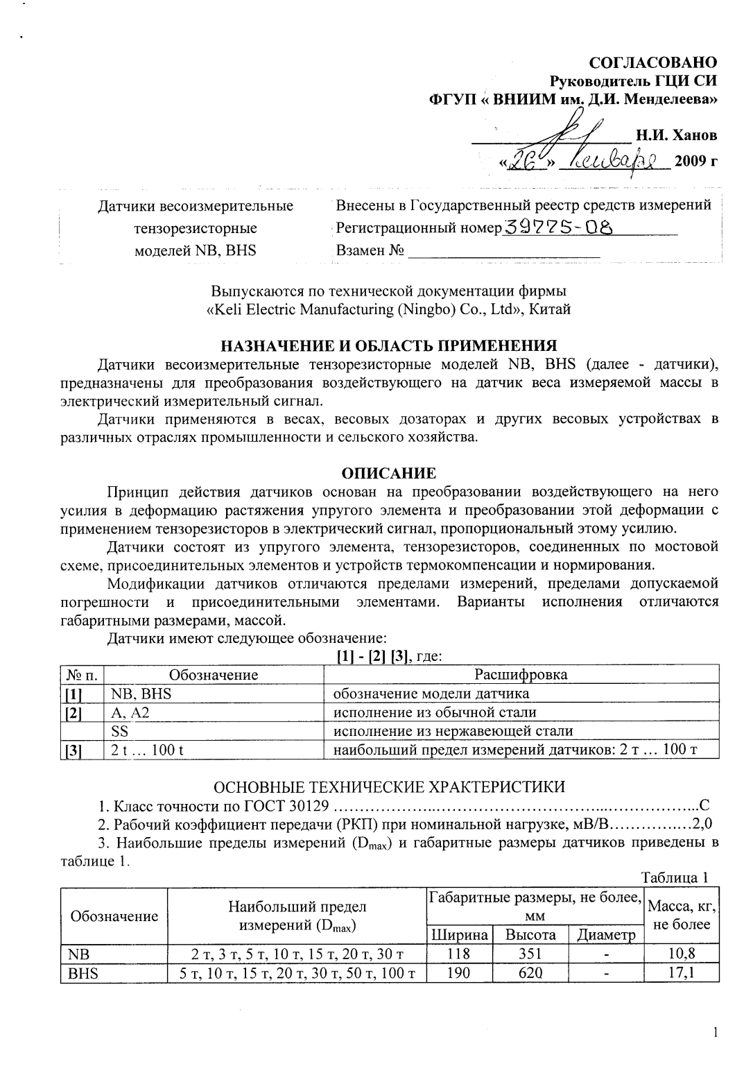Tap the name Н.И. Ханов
coord(677,135)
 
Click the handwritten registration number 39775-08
coord(559,227)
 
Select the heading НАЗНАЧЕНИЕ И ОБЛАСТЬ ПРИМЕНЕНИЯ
coord(389,345)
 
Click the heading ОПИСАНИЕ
coord(389,473)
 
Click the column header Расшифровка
coord(521,674)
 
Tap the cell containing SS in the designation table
coord(120,730)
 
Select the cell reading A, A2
coord(125,712)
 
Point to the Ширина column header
coord(459,934)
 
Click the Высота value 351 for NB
coord(530,954)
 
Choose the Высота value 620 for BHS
coord(530,972)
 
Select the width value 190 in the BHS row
coord(458,972)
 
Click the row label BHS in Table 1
coord(83,973)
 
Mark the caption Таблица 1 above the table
coord(675,877)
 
